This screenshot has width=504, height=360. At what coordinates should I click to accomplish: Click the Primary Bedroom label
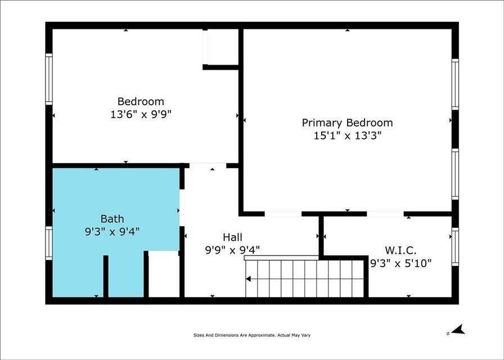tap(347, 123)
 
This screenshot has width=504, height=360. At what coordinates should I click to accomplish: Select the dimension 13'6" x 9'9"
tap(141, 114)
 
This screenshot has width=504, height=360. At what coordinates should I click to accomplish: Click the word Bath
tap(112, 219)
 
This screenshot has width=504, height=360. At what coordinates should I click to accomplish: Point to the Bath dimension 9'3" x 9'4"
tap(112, 231)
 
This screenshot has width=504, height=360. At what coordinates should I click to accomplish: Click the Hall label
tap(233, 237)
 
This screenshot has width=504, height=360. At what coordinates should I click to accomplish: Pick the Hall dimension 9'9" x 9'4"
tap(233, 250)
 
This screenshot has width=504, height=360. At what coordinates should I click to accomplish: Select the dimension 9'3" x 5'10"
tap(400, 263)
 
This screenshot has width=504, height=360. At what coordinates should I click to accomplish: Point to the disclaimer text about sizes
tap(251, 335)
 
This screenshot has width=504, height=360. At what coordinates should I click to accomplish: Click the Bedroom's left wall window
tap(49, 79)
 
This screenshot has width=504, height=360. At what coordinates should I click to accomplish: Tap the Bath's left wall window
tap(49, 243)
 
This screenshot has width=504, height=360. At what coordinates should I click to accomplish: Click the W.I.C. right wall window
tap(455, 246)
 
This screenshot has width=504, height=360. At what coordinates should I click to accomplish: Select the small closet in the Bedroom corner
tap(222, 47)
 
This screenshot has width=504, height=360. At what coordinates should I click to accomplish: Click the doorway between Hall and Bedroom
tap(208, 166)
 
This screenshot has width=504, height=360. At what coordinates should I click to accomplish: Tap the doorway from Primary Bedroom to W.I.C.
tap(385, 214)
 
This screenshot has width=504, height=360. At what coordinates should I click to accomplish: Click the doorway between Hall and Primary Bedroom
tap(283, 214)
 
